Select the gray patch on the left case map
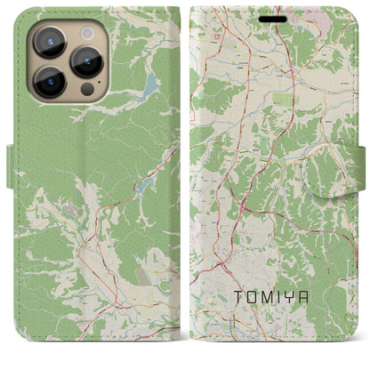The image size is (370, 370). click(x=70, y=208)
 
